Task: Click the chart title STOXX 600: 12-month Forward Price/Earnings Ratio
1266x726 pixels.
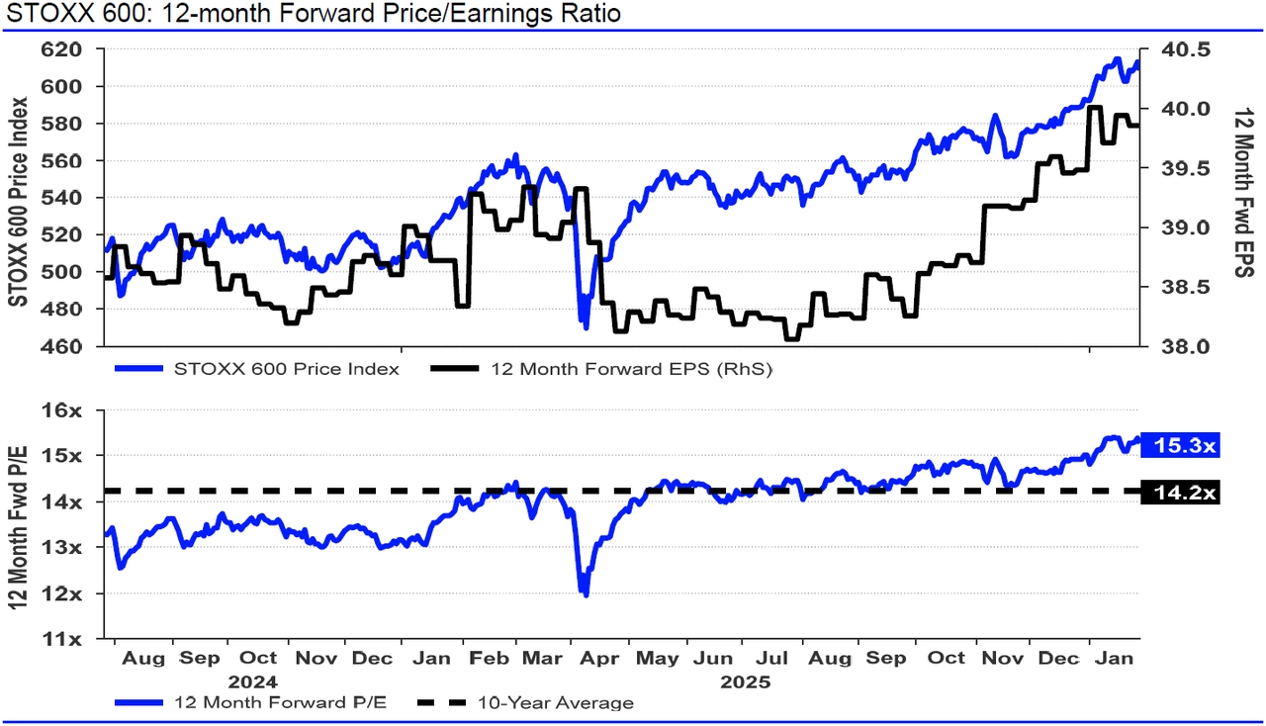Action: tap(313, 14)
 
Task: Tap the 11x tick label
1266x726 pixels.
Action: tap(73, 639)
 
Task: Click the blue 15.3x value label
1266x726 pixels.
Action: tap(1180, 447)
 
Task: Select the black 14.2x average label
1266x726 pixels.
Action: tap(1180, 492)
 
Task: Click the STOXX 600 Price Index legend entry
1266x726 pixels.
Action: tap(286, 370)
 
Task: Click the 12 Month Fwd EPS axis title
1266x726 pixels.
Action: tap(1242, 193)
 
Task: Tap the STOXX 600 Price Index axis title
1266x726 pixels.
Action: tap(19, 198)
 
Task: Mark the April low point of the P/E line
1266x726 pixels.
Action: tap(587, 594)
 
